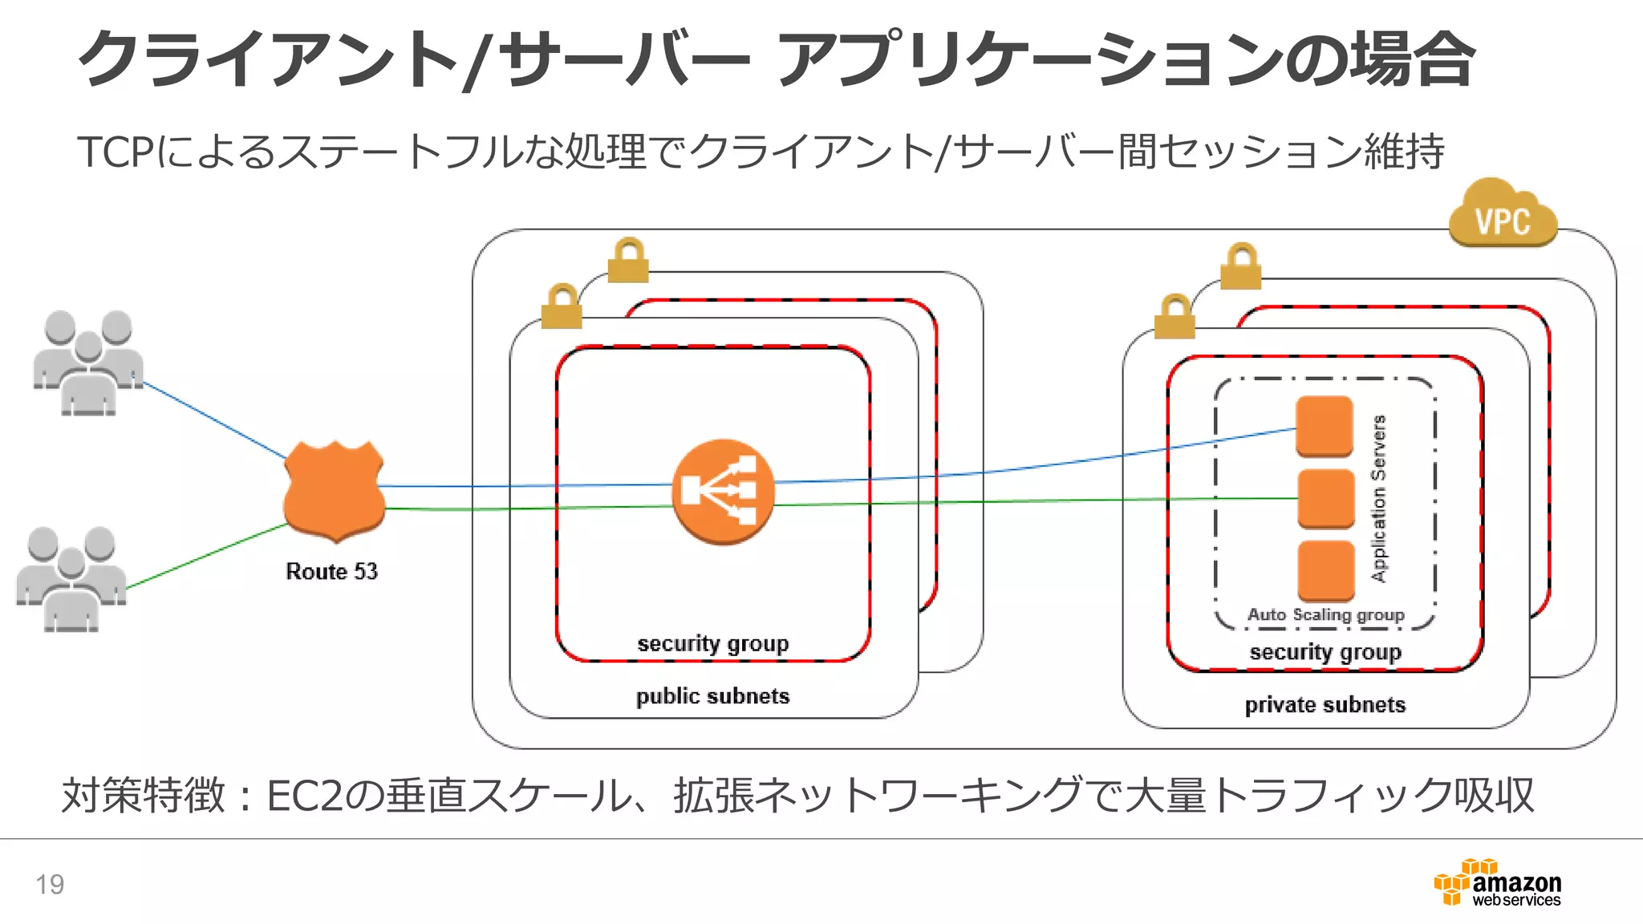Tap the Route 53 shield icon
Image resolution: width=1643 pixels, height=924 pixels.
coord(334,491)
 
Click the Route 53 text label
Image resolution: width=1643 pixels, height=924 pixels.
coord(331,571)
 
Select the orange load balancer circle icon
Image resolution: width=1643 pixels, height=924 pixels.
coord(723,491)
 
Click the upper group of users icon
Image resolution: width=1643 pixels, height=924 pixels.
coord(88,363)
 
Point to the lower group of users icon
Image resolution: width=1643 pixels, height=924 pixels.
coord(71,578)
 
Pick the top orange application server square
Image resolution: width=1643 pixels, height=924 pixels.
coord(1325,426)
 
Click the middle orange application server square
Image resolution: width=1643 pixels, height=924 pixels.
coord(1325,498)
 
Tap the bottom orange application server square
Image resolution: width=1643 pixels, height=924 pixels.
coord(1325,570)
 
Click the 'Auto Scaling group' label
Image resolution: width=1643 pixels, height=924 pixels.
coord(1325,614)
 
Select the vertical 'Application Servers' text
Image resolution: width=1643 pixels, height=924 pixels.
coord(1378,498)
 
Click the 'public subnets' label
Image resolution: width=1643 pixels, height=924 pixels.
coord(712,696)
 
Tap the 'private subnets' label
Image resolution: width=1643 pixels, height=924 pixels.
coord(1325,705)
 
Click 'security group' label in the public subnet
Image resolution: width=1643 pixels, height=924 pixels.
coord(712,643)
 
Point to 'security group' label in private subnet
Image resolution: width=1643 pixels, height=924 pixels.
coord(1325,652)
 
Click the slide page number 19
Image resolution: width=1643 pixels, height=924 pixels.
coord(50,884)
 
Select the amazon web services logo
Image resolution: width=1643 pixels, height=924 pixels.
coord(1498,883)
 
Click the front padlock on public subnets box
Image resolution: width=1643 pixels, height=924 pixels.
coord(562,307)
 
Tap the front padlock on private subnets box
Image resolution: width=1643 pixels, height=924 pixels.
coord(1174,318)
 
